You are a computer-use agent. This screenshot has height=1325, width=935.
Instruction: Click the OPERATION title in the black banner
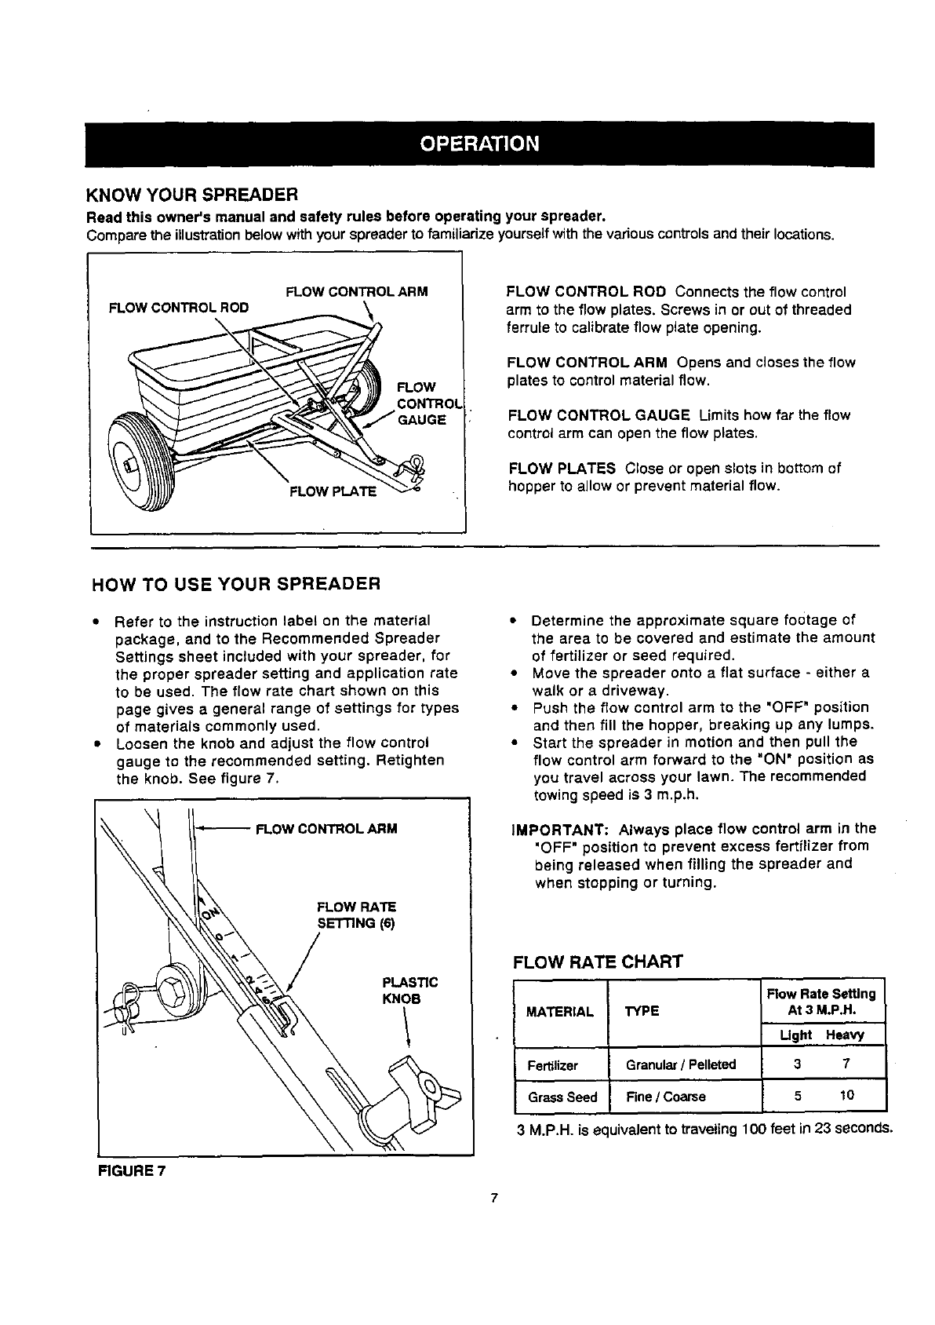pyautogui.click(x=479, y=144)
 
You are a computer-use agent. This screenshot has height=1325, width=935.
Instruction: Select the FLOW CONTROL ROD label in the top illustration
pyautogui.click(x=179, y=308)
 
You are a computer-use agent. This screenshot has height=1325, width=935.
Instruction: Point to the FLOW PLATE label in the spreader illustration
pyautogui.click(x=333, y=492)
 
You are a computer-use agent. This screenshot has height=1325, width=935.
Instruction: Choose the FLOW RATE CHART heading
pyautogui.click(x=597, y=962)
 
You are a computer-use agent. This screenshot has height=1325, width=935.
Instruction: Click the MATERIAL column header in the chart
pyautogui.click(x=560, y=1012)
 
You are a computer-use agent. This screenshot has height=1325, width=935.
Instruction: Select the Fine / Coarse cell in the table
pyautogui.click(x=666, y=1097)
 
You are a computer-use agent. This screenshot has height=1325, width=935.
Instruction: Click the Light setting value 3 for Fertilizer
pyautogui.click(x=797, y=1065)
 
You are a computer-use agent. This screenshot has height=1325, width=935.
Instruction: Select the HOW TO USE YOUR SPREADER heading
pyautogui.click(x=236, y=584)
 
